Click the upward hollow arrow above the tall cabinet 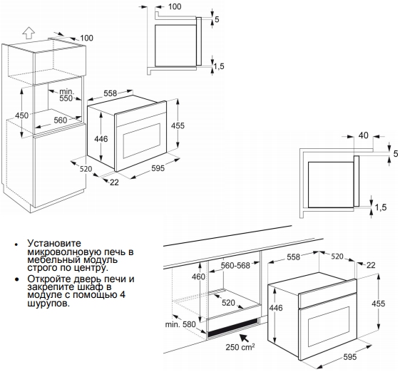tap(29, 33)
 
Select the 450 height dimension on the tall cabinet tap(21, 115)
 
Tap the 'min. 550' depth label tap(66, 95)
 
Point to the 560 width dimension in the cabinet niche tap(60, 120)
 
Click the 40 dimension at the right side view tap(363, 135)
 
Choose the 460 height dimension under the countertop tap(198, 277)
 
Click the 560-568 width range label tap(235, 265)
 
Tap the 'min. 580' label tap(180, 324)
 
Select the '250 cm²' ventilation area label tap(240, 347)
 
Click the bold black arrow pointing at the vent tap(245, 338)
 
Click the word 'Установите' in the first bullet tap(54, 243)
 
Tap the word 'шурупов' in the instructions tap(48, 304)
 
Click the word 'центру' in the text tap(88, 268)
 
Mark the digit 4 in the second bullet tap(123, 295)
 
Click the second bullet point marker tap(17, 279)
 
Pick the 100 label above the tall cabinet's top tap(87, 38)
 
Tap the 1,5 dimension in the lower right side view tap(381, 207)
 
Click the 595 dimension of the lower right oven tap(350, 357)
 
